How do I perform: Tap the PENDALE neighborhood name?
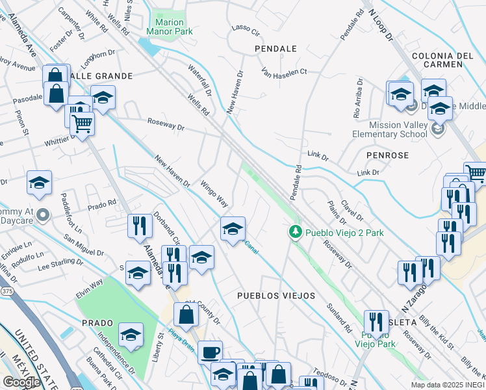[275, 49]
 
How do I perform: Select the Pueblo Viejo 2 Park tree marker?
[295, 232]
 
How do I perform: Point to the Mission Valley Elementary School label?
[397, 129]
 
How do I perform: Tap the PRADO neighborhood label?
[97, 323]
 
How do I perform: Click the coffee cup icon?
[209, 353]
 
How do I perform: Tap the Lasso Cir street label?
[246, 31]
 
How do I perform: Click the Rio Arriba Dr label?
[357, 99]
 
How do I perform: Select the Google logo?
[21, 382]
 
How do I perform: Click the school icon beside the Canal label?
[233, 229]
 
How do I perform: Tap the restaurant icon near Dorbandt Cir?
[140, 226]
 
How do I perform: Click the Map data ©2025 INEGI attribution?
[448, 385]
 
